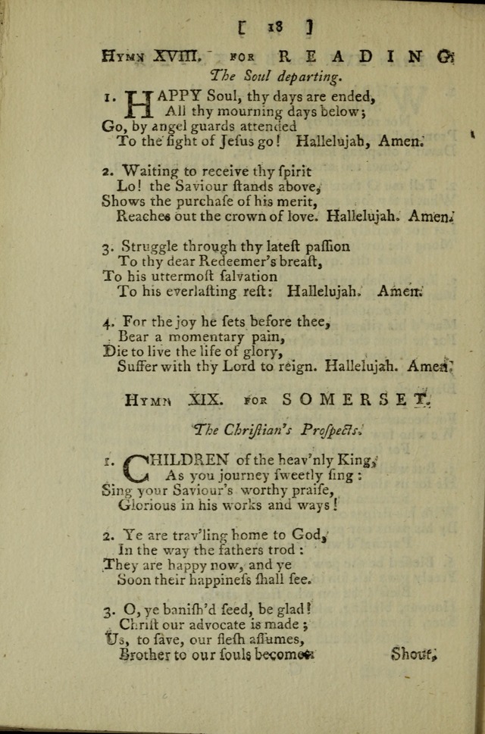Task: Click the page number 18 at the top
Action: [x=274, y=26]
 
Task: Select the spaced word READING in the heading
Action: [x=361, y=55]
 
